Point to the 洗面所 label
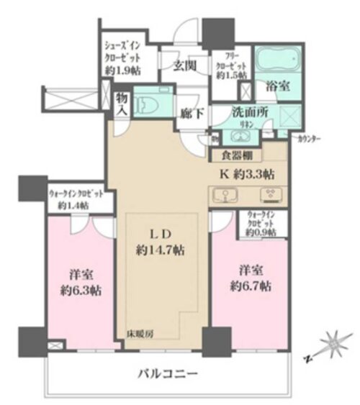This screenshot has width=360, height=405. (x=248, y=113)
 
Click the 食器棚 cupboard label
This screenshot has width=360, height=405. (x=236, y=153)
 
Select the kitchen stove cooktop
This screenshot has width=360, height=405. (x=272, y=195)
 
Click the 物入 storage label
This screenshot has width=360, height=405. (x=122, y=104)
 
